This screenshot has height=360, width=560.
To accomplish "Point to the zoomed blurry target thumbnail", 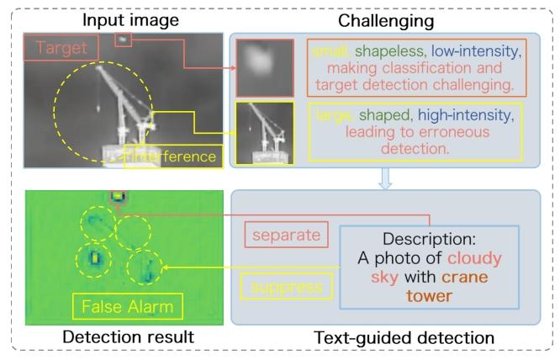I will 259,70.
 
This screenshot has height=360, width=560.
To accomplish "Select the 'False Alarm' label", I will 128,306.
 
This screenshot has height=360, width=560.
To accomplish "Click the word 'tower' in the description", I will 428,294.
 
